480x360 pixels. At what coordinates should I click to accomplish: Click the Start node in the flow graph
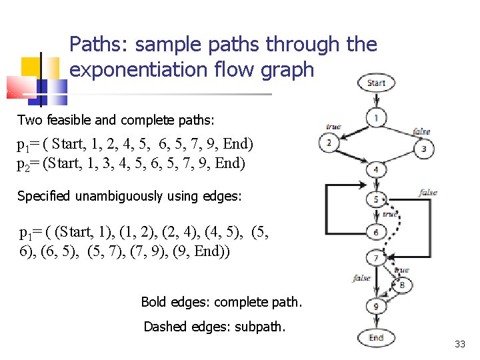tap(376, 83)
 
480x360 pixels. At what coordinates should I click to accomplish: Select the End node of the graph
tap(376, 337)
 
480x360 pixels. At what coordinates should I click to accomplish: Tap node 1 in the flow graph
tap(376, 119)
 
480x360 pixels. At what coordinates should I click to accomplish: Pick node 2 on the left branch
tap(328, 143)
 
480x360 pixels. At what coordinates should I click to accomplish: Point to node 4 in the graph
tap(376, 169)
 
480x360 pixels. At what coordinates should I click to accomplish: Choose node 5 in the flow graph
tap(376, 199)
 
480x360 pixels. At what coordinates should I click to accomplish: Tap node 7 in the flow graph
tap(376, 257)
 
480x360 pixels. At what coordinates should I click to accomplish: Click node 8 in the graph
tap(401, 285)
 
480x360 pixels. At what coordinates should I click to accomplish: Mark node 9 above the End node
tap(376, 307)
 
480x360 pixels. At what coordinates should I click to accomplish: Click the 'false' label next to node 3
tap(421, 131)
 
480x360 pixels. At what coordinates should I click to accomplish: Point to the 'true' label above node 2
tap(333, 127)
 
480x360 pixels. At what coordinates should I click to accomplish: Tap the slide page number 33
tap(459, 345)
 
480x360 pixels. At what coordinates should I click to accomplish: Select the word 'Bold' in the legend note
tap(152, 302)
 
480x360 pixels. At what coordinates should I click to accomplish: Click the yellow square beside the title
tap(31, 67)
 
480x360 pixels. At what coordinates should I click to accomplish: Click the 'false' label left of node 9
tap(361, 278)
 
